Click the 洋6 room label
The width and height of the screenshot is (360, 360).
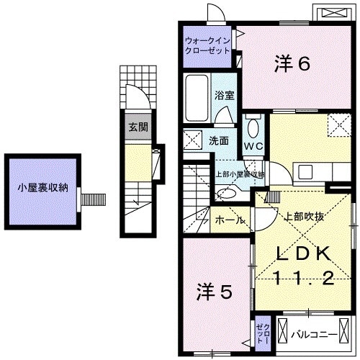coord(292,64)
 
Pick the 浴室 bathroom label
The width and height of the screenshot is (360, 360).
coord(222,95)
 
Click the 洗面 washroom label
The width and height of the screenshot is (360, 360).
coord(219,140)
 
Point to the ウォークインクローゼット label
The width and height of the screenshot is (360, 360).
coord(207,46)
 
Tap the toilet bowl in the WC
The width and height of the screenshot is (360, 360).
coord(252,127)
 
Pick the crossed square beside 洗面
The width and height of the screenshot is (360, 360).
coord(192,140)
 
